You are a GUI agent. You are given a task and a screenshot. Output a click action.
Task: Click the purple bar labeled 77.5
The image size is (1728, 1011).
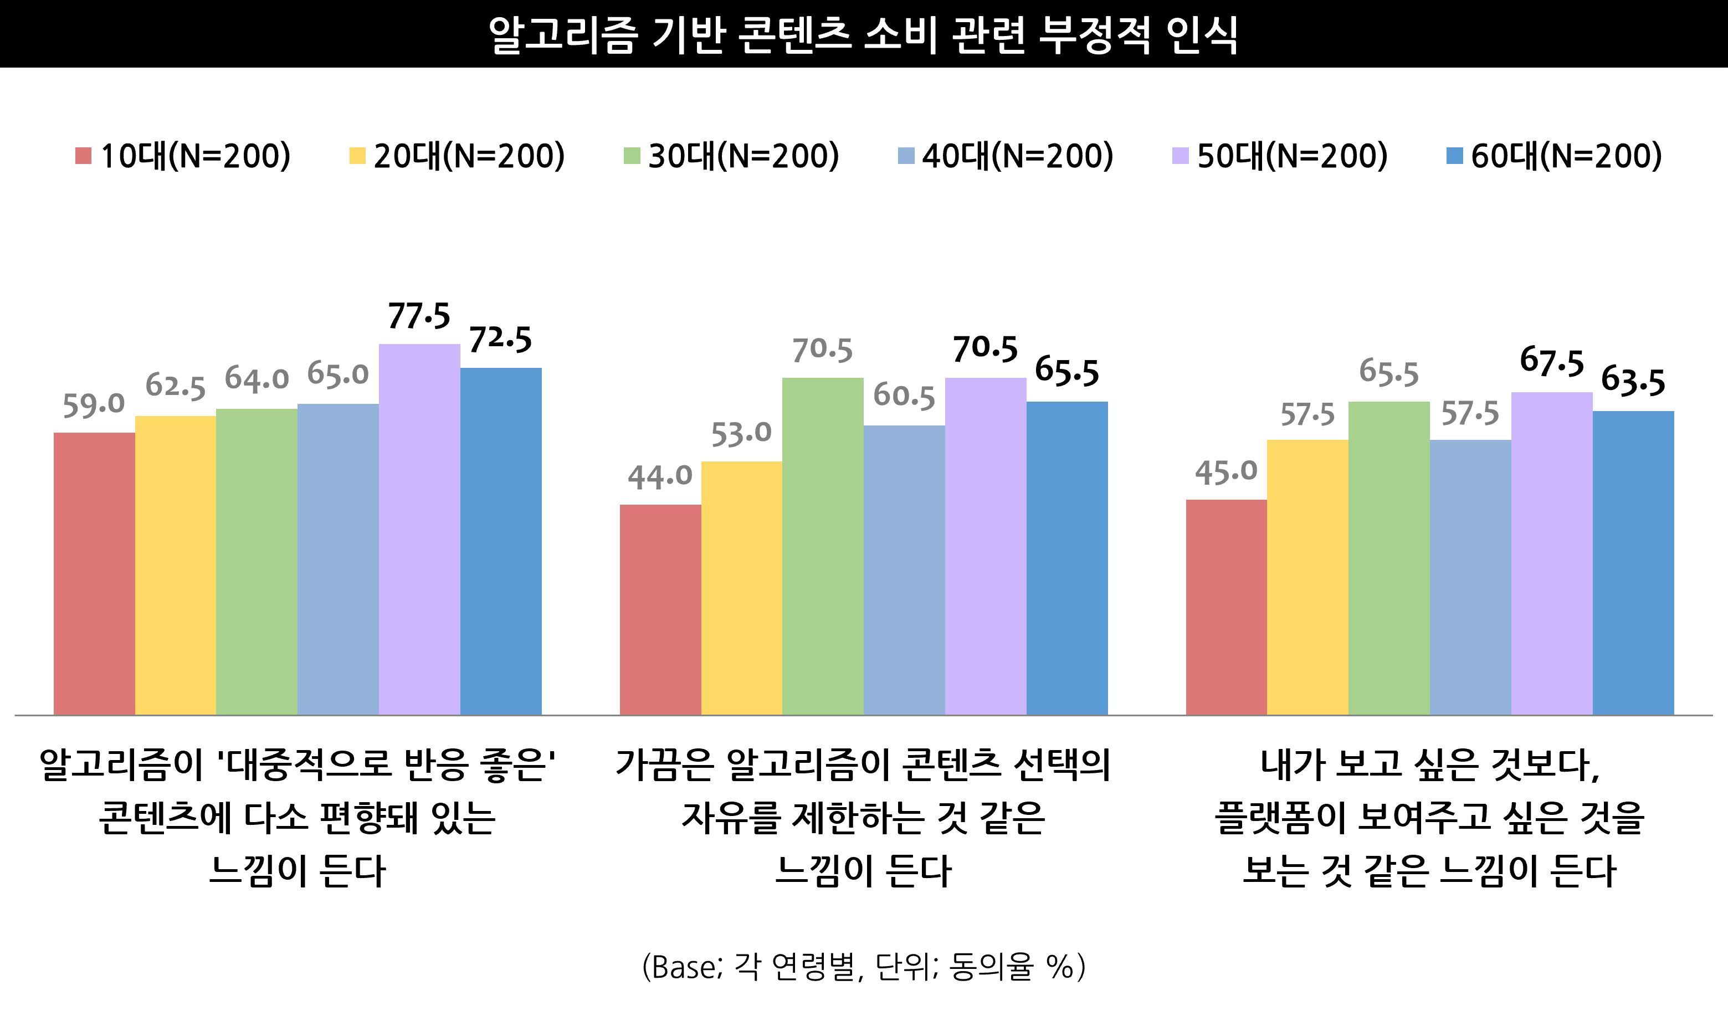pyautogui.click(x=419, y=529)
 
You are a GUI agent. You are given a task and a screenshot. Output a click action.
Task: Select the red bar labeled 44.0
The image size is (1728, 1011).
pyautogui.click(x=660, y=609)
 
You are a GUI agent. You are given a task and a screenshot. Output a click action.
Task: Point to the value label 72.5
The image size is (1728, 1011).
pyautogui.click(x=501, y=339)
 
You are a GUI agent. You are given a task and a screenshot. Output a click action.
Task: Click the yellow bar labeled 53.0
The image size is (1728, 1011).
pyautogui.click(x=741, y=588)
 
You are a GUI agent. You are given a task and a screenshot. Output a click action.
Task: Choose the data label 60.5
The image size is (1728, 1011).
pyautogui.click(x=904, y=396)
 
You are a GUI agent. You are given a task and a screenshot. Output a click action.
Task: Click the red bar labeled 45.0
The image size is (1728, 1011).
pyautogui.click(x=1226, y=607)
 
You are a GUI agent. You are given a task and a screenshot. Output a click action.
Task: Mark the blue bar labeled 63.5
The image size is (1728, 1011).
pyautogui.click(x=1633, y=563)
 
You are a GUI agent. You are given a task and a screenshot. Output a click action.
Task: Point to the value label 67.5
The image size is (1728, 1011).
pyautogui.click(x=1552, y=362)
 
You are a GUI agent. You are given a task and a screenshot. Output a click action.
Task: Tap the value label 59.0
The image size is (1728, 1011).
pyautogui.click(x=94, y=404)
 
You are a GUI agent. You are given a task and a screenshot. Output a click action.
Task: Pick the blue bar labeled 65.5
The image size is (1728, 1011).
pyautogui.click(x=1067, y=558)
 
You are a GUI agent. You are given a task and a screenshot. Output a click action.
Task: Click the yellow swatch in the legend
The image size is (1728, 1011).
pyautogui.click(x=357, y=156)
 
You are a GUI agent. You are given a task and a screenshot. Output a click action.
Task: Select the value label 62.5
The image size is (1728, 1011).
pyautogui.click(x=176, y=387)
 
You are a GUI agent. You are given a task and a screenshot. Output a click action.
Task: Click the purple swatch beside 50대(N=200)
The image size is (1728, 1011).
pyautogui.click(x=1180, y=156)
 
